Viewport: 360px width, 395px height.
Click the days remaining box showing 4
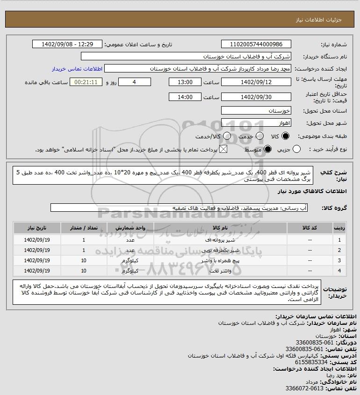click(134, 82)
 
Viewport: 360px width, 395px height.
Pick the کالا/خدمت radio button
click(227, 136)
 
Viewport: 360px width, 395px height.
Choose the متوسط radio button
click(268, 149)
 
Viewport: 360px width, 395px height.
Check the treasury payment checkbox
click(223, 149)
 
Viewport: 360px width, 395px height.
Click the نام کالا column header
click(220, 228)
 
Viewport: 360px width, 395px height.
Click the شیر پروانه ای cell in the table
click(220, 240)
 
